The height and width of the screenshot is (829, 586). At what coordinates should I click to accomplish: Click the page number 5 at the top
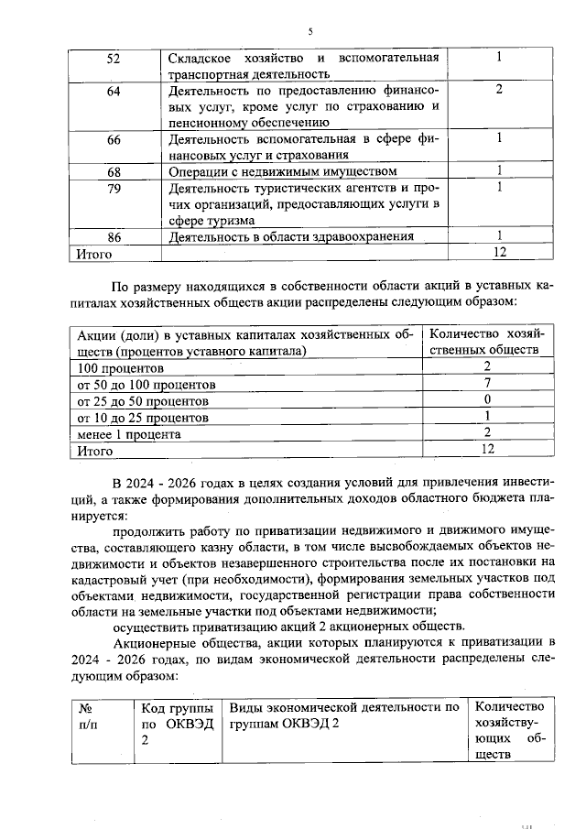click(x=310, y=32)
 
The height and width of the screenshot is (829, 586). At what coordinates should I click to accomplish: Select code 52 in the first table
click(x=114, y=59)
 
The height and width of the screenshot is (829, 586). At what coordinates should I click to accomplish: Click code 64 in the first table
click(x=114, y=91)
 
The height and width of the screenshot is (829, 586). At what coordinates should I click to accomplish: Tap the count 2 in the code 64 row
click(x=499, y=90)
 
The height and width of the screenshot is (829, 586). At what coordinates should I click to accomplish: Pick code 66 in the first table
click(x=114, y=139)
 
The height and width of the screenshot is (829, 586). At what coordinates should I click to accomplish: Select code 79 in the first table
click(x=114, y=188)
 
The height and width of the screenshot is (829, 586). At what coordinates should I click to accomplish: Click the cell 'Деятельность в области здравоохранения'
click(x=292, y=236)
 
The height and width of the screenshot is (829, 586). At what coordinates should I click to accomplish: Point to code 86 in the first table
click(x=114, y=236)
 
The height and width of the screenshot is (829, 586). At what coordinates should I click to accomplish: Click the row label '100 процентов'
click(x=114, y=368)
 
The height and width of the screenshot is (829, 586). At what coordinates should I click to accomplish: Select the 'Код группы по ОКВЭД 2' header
click(x=178, y=723)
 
